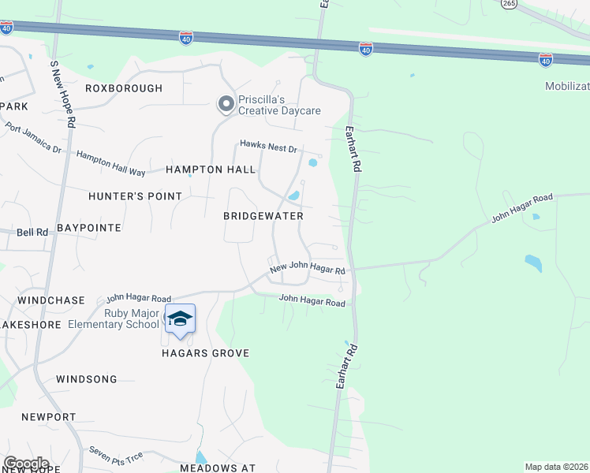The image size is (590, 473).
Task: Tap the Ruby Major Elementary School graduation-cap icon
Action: (x=180, y=318)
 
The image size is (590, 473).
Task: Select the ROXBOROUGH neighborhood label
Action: (x=123, y=88)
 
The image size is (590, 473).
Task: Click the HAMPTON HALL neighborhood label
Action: (x=211, y=169)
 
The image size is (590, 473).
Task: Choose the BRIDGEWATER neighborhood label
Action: (x=263, y=215)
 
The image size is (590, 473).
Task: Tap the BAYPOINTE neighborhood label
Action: (x=94, y=228)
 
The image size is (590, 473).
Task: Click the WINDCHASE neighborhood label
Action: (x=50, y=301)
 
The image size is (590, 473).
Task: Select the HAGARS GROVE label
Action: (x=207, y=353)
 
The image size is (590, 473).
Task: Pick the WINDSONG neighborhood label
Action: (x=86, y=379)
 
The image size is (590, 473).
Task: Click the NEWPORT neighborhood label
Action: (x=49, y=416)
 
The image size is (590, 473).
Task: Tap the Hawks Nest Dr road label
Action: (x=269, y=147)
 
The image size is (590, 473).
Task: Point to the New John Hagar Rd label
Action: (x=308, y=269)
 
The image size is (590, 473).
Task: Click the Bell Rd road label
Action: (x=32, y=233)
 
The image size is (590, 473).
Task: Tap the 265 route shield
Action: (x=508, y=4)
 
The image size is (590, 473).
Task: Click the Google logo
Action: (x=26, y=464)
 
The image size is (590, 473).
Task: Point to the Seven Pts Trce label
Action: (x=116, y=455)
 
